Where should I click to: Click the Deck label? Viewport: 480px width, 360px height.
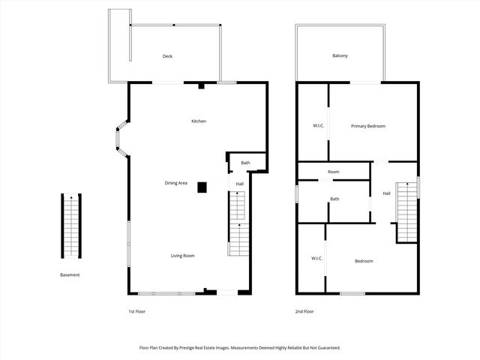(168, 56)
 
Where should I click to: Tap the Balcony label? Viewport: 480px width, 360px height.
(340, 56)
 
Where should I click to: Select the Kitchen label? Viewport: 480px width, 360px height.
(199, 121)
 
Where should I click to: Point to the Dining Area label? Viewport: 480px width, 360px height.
(177, 183)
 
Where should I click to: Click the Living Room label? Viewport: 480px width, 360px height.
(182, 256)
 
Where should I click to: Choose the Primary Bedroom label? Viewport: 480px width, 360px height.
(368, 126)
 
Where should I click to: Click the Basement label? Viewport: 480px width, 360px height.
(70, 274)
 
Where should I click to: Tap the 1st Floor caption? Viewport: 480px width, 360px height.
(137, 310)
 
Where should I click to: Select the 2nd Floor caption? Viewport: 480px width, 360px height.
(304, 310)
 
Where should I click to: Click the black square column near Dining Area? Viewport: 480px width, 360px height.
(202, 188)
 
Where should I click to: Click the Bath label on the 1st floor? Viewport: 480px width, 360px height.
(245, 163)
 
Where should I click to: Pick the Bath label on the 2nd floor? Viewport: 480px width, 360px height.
(334, 199)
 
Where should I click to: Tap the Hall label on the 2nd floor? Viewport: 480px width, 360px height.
(386, 193)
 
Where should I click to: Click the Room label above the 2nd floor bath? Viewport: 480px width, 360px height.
(333, 172)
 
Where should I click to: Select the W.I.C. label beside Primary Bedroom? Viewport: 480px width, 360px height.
(317, 126)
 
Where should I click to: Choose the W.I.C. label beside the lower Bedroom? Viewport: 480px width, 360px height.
(316, 259)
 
